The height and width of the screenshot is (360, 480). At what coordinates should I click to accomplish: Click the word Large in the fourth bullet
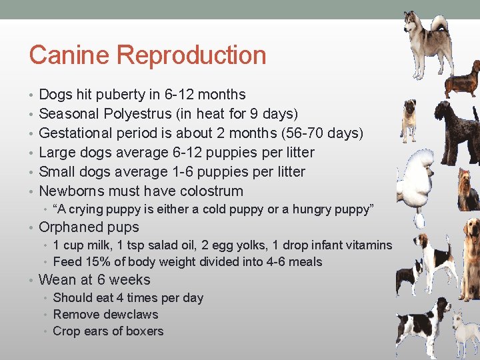[57, 153]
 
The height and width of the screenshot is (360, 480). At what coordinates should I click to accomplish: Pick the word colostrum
[209, 191]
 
